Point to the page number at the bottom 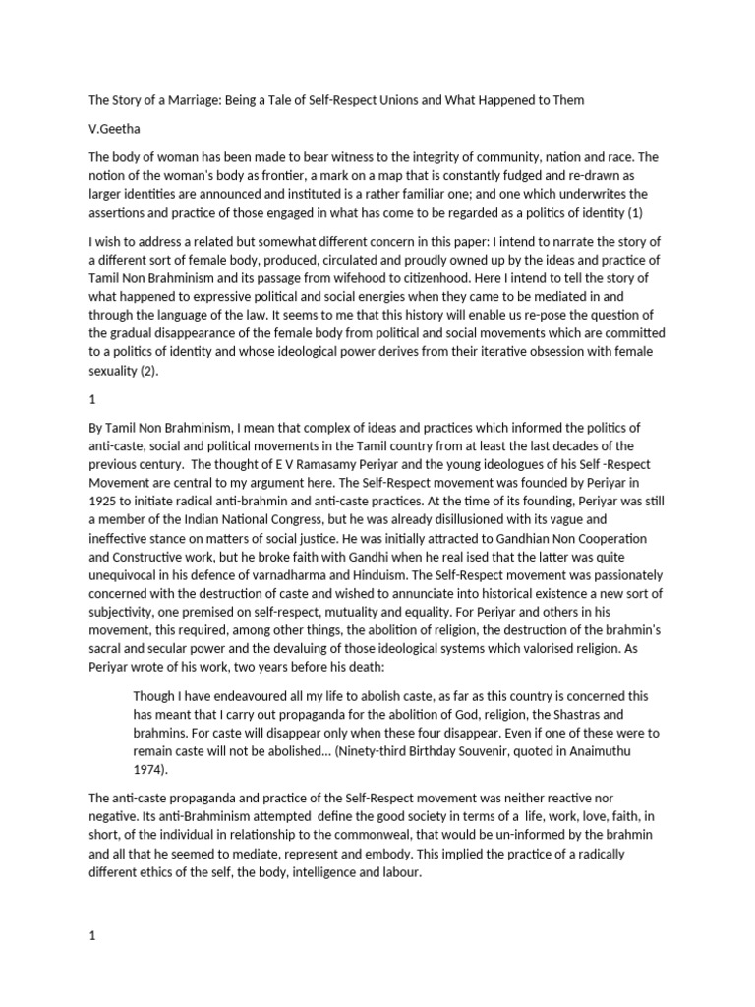coord(92,909)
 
